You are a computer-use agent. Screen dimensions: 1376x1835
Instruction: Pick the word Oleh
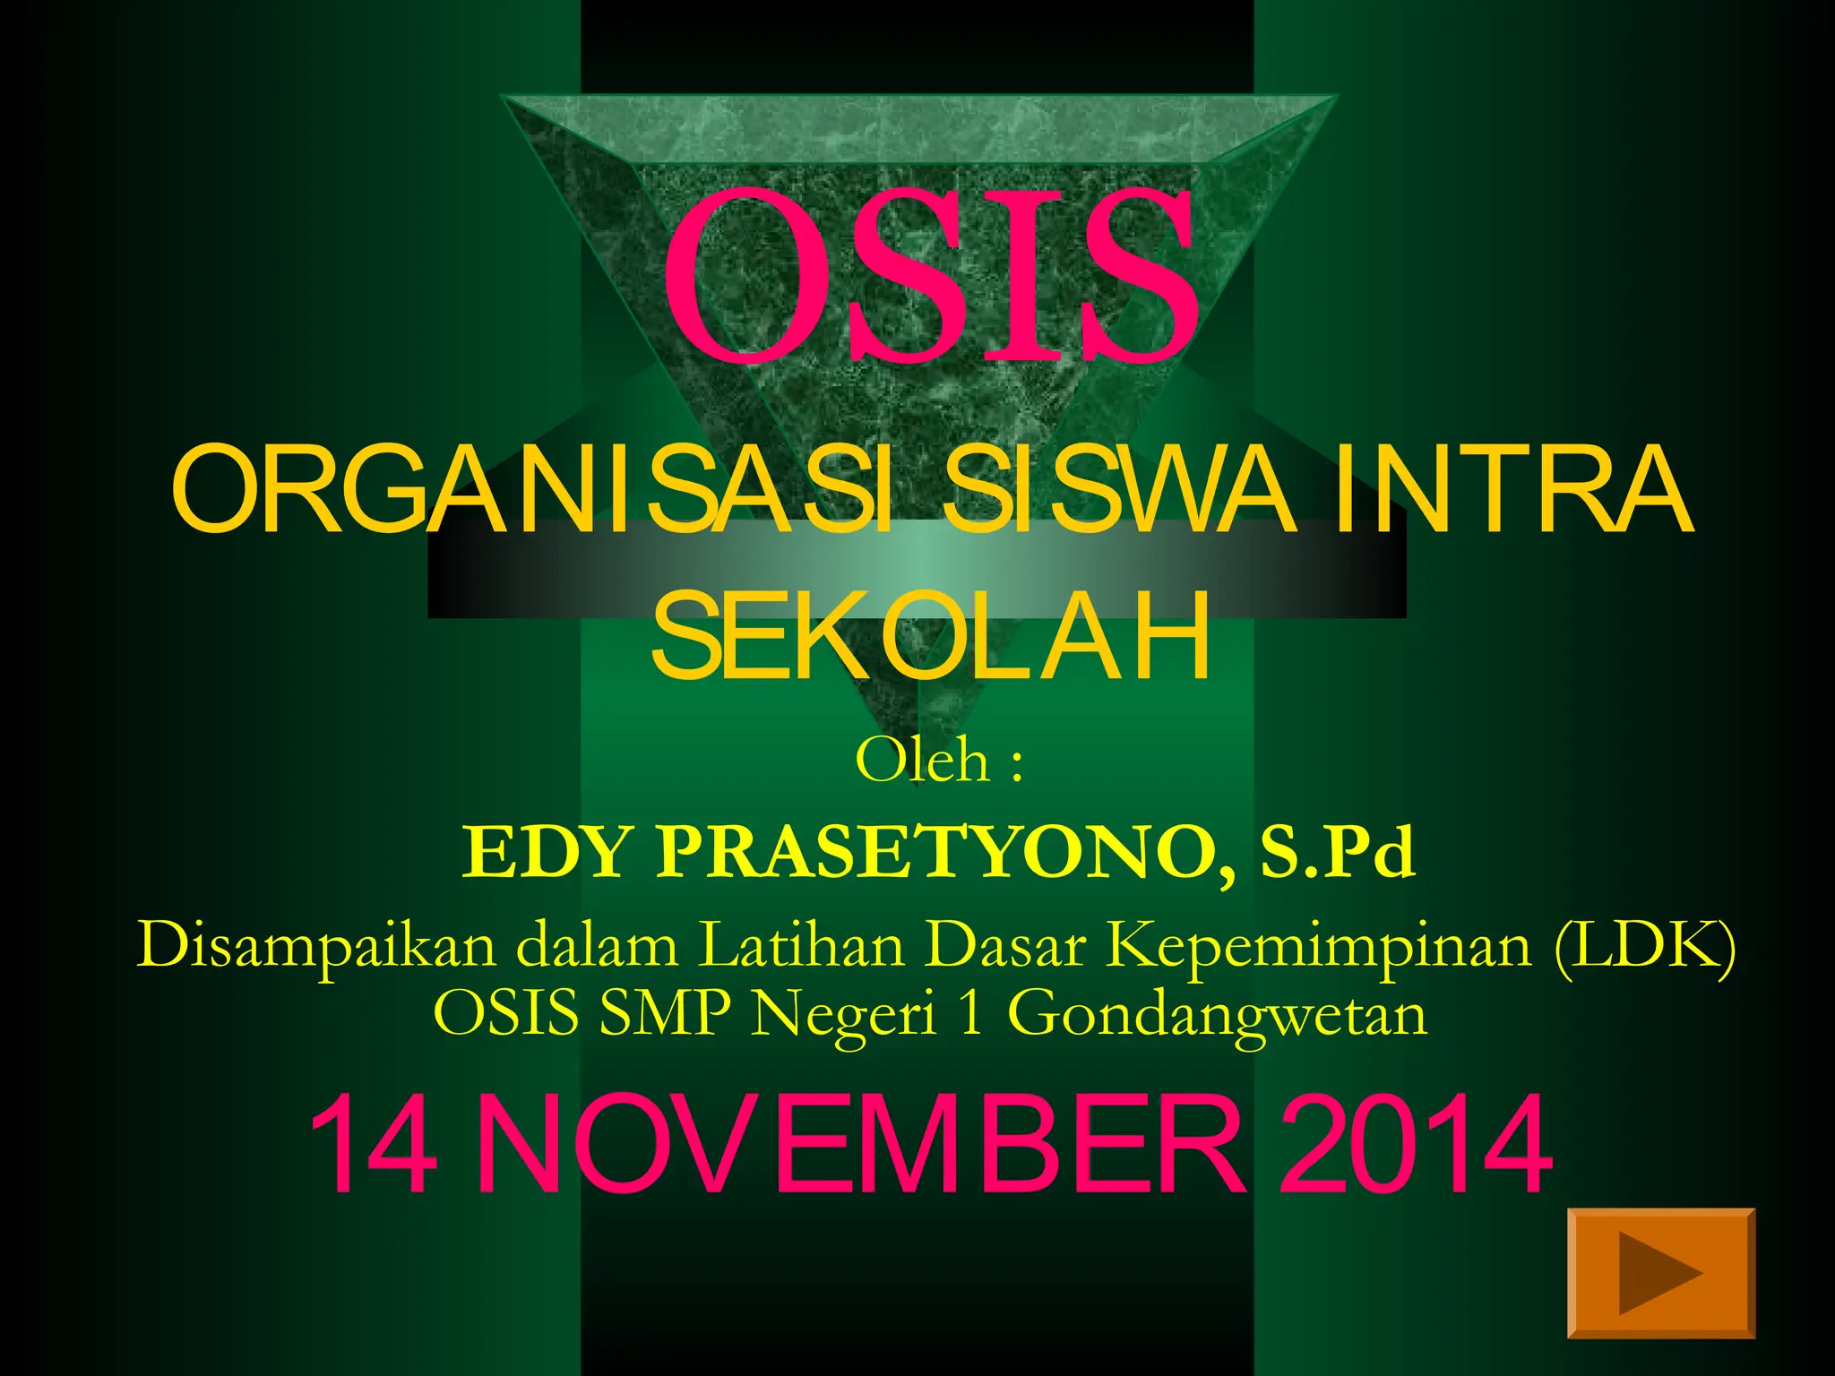921,761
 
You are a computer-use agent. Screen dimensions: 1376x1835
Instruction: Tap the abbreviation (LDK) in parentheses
1644,946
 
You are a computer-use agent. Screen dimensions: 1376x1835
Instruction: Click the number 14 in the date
374,1146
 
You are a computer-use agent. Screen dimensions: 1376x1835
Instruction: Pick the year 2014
1416,1146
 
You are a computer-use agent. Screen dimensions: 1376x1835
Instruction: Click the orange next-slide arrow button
1660,1273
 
